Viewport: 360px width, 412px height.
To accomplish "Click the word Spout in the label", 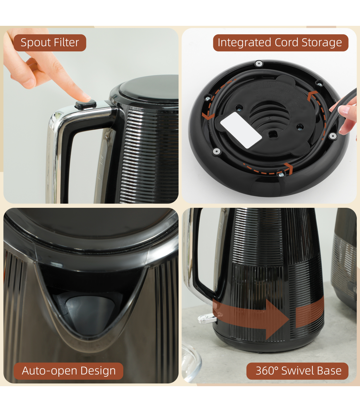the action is coord(35,43).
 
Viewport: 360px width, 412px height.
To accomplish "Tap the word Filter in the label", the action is coord(66,42).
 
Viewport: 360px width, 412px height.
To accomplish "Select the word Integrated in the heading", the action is coord(245,43).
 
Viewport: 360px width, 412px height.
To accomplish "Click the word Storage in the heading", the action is coord(322,43).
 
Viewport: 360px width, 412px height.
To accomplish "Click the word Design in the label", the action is coord(98,371).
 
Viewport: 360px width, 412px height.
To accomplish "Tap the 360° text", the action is coord(267,371).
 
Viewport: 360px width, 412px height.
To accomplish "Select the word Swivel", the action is coord(297,371).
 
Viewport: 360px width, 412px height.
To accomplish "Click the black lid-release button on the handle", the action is coord(86,105).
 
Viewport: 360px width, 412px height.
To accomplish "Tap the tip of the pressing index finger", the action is coord(86,97).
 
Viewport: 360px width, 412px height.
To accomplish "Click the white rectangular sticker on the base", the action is coord(241,130).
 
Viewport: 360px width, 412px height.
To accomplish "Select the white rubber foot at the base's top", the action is coord(259,64).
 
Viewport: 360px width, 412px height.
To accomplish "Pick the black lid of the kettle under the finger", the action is coord(149,89).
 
